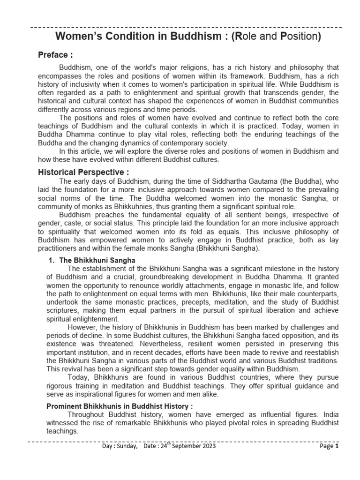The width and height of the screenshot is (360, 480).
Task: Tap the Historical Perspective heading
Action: click(x=83, y=172)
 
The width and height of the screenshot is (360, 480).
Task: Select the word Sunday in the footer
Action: click(x=125, y=446)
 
